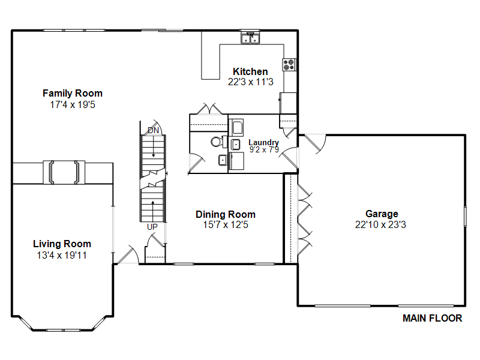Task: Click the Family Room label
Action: tap(73, 93)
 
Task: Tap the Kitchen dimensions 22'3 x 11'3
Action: tap(250, 82)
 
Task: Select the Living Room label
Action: tap(62, 244)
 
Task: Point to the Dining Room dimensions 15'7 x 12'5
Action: tap(226, 224)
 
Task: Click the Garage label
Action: tap(382, 214)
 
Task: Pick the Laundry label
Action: tap(263, 142)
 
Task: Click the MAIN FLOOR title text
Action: tap(432, 319)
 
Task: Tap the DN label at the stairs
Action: tap(153, 130)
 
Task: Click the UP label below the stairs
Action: tap(152, 227)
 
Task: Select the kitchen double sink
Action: tap(250, 38)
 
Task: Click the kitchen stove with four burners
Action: tap(289, 65)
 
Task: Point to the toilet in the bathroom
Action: tap(218, 142)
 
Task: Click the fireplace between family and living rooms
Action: tap(64, 172)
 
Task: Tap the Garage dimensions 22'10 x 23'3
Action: tap(380, 224)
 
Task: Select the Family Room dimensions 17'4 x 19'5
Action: tap(73, 104)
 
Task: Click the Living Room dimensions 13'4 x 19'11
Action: tap(62, 256)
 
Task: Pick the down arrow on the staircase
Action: tap(153, 146)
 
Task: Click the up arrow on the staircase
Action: tap(152, 211)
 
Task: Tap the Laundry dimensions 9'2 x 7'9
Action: tap(264, 149)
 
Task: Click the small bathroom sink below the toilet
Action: tap(223, 160)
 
